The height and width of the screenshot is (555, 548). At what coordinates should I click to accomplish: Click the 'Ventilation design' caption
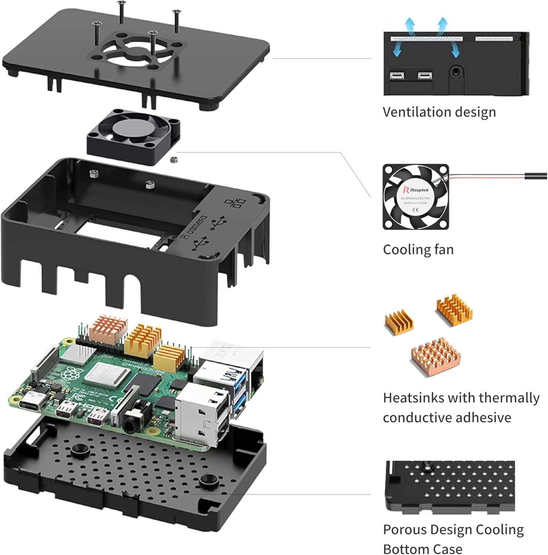(439, 112)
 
